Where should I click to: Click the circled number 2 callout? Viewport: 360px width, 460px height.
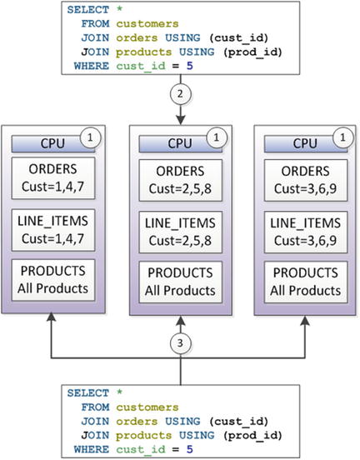[x=181, y=92]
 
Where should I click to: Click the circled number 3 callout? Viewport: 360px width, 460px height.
[x=181, y=341]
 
